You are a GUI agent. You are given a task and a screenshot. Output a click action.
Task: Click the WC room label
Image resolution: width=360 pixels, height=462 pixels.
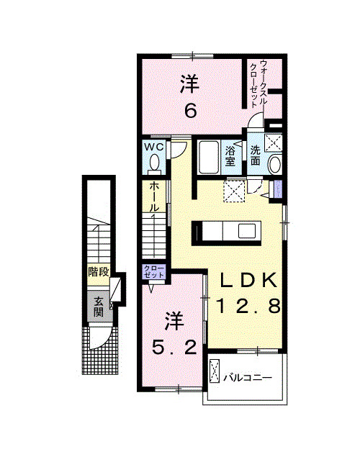click(155, 147)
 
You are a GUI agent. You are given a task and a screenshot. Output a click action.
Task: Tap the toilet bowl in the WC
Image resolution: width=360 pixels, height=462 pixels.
click(154, 165)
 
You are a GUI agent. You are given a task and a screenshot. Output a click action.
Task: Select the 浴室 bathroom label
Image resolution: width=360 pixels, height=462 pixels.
click(230, 156)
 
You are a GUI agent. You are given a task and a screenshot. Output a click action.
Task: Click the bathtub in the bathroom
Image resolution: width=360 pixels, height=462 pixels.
click(208, 157)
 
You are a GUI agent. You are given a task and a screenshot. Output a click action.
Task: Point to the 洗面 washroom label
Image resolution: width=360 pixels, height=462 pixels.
click(256, 156)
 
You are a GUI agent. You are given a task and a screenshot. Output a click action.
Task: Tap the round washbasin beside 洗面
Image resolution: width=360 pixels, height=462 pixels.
click(274, 166)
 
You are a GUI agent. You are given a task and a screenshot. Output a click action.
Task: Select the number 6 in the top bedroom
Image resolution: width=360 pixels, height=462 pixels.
click(190, 112)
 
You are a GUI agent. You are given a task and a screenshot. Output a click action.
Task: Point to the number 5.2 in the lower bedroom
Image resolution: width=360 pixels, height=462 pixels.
click(173, 348)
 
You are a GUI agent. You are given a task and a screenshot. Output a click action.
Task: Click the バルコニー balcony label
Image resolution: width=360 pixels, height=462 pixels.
click(246, 376)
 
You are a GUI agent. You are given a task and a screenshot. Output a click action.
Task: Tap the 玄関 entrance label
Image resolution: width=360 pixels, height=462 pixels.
click(98, 307)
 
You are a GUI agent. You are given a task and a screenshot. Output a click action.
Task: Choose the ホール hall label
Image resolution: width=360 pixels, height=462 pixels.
click(155, 197)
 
